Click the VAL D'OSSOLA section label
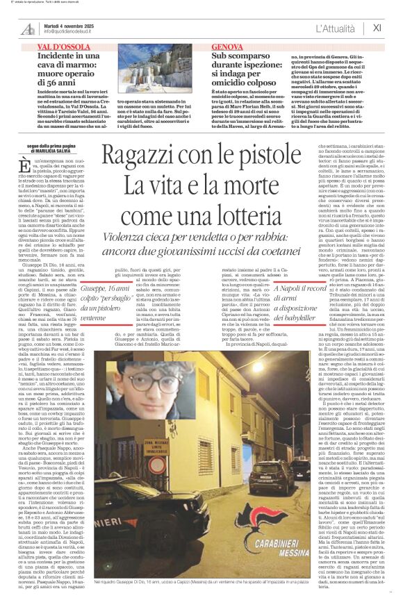pyautogui.click(x=65, y=46)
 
